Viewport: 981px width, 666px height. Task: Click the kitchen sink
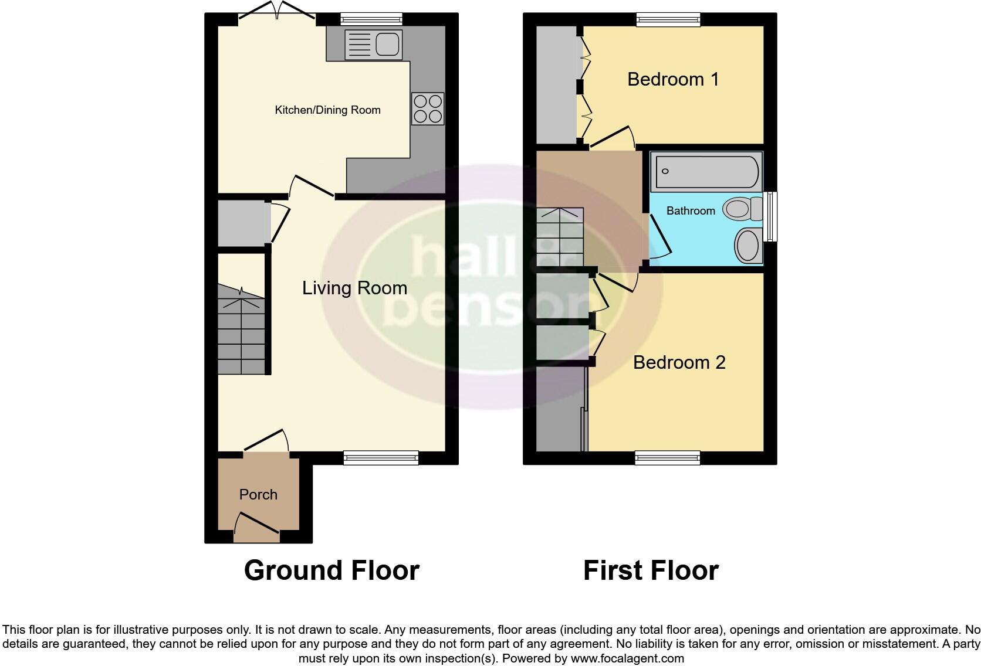[374, 44]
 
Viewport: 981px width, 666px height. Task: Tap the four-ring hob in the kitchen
[428, 108]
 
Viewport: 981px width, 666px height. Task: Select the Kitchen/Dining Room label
[327, 110]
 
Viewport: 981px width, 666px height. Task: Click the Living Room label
[354, 288]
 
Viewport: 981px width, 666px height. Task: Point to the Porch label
[258, 494]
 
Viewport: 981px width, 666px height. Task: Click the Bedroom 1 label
[673, 79]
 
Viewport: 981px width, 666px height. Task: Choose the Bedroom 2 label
[679, 362]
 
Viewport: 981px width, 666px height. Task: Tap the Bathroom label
[691, 210]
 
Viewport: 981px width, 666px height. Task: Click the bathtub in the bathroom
[706, 171]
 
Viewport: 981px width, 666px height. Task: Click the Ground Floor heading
[331, 570]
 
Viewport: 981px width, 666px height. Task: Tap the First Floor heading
[651, 570]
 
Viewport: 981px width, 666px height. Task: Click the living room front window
[381, 457]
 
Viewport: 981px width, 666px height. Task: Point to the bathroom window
[771, 216]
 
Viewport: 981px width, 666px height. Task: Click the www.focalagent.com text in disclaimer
[627, 658]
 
